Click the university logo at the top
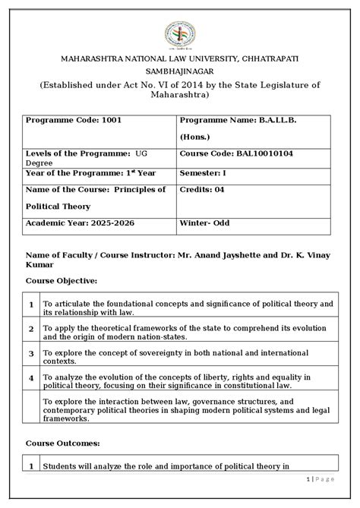pos(179,33)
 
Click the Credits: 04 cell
pos(201,189)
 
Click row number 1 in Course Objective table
pos(31,305)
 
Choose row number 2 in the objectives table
pos(31,330)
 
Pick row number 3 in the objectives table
pos(31,353)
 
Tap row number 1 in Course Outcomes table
pos(31,466)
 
